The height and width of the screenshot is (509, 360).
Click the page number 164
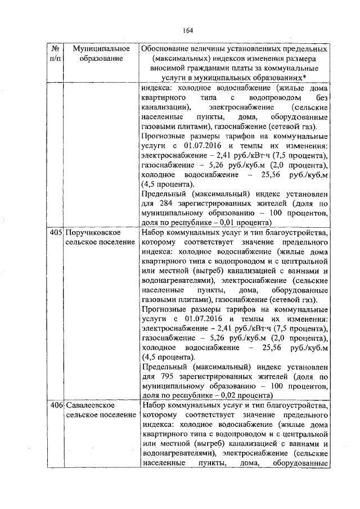(187, 30)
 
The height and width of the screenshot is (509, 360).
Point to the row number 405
(55, 232)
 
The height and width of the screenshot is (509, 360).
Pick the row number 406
(55, 405)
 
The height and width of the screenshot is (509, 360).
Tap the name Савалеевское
(91, 405)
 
